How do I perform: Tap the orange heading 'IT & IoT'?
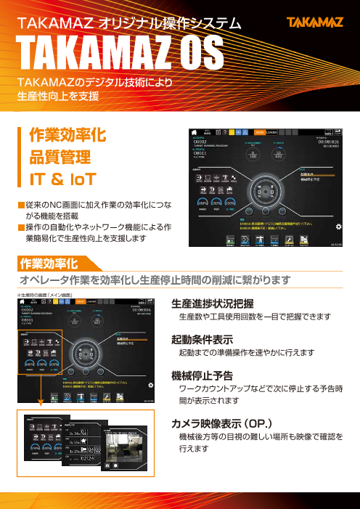60,178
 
